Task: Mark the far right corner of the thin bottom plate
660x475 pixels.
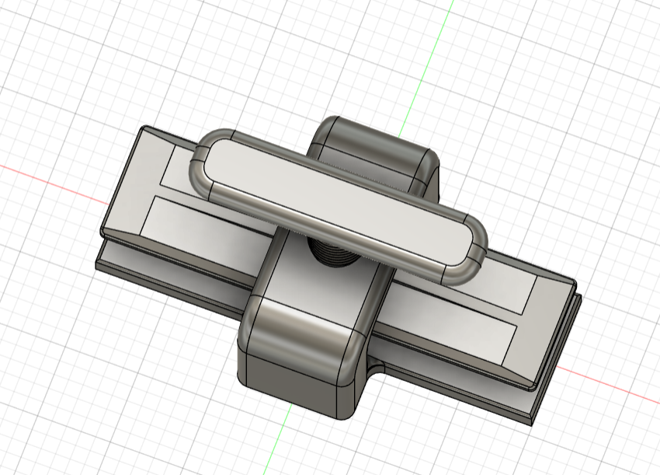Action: coord(578,300)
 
